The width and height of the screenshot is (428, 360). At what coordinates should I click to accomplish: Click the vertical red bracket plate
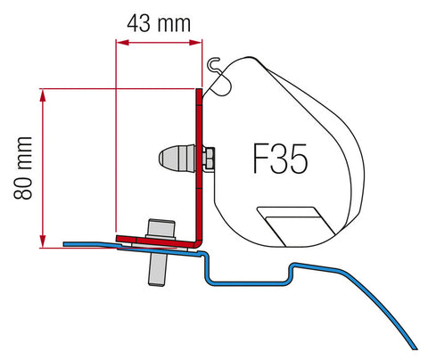tap(198, 160)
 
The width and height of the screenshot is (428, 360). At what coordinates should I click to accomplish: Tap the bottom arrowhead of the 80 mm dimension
tap(42, 241)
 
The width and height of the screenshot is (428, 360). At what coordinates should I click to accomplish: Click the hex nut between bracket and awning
tap(206, 159)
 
